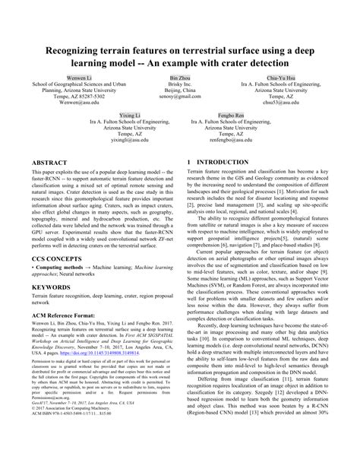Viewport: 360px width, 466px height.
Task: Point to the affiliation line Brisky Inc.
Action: [180, 85]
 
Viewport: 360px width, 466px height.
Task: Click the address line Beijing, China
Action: [180, 92]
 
